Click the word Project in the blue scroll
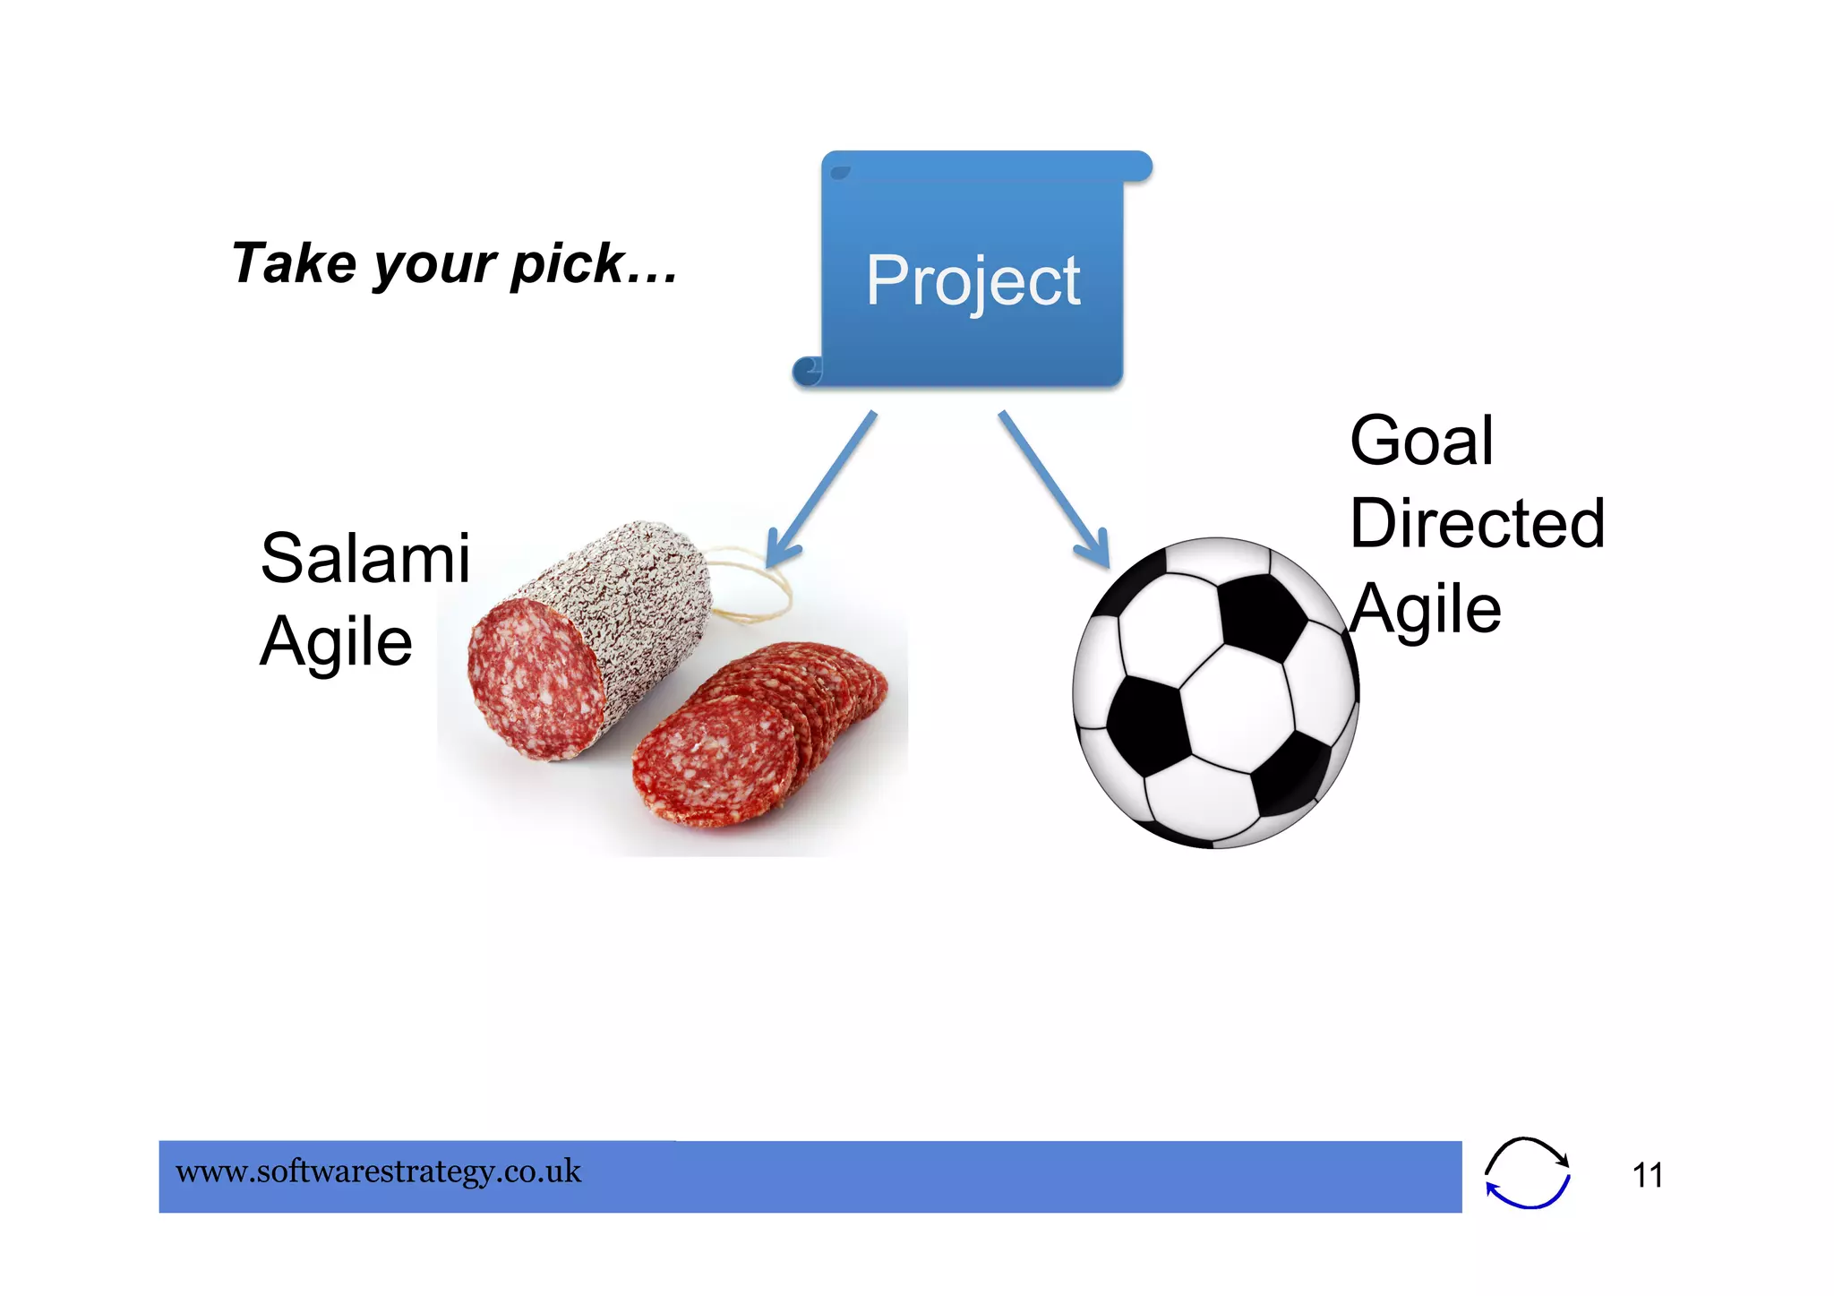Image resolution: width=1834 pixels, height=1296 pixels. pyautogui.click(x=973, y=280)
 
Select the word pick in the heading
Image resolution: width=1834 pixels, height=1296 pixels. pyautogui.click(x=567, y=265)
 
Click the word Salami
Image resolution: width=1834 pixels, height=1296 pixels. pyautogui.click(x=364, y=558)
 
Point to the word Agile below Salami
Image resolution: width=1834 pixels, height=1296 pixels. pyautogui.click(x=336, y=641)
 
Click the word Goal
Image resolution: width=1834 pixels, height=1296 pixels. pyautogui.click(x=1421, y=441)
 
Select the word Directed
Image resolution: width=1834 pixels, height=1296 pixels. pyautogui.click(x=1477, y=523)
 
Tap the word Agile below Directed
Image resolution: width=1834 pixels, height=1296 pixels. pyautogui.click(x=1425, y=609)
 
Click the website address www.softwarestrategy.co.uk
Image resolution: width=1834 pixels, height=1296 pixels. pyautogui.click(x=378, y=1172)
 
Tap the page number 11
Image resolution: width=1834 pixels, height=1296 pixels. pyautogui.click(x=1647, y=1175)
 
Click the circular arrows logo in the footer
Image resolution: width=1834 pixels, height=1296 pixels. pyautogui.click(x=1527, y=1172)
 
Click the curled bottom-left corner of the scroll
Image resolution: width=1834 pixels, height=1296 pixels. pyautogui.click(x=808, y=370)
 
